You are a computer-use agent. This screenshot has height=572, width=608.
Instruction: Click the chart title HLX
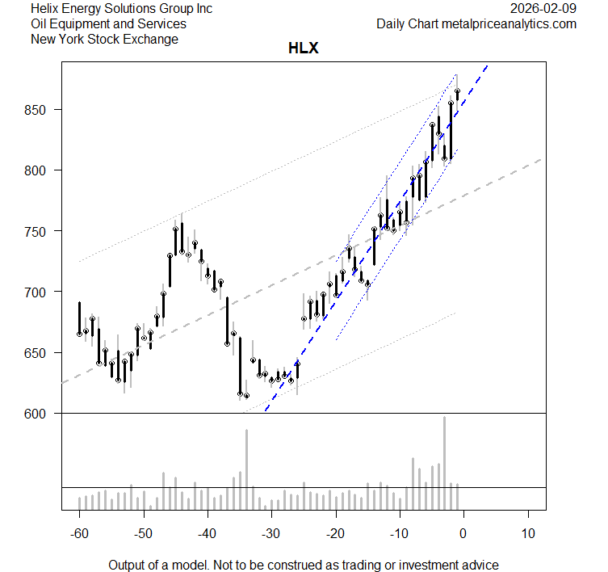[303, 48]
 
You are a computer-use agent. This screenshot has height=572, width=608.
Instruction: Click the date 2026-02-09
[543, 9]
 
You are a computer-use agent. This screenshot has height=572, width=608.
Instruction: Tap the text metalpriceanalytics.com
[509, 24]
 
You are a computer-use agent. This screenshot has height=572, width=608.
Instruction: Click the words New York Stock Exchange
[104, 39]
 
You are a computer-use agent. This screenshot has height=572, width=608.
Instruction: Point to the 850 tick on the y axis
[40, 110]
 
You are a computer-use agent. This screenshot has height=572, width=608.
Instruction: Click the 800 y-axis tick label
[40, 170]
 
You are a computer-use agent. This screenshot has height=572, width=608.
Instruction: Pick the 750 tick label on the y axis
[40, 231]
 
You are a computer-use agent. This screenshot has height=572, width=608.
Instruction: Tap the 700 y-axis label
[40, 292]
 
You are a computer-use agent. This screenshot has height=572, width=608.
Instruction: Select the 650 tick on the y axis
[40, 353]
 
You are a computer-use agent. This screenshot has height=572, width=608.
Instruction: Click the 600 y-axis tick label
[40, 414]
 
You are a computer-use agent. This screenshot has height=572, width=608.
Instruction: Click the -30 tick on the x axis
[270, 533]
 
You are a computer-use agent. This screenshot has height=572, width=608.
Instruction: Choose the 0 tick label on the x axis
[463, 533]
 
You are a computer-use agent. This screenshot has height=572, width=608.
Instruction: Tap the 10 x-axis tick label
[528, 533]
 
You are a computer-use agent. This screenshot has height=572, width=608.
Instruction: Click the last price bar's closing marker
[457, 92]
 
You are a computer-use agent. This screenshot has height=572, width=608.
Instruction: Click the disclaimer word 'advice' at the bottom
[480, 565]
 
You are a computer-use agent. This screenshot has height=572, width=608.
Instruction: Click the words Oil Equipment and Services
[108, 24]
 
